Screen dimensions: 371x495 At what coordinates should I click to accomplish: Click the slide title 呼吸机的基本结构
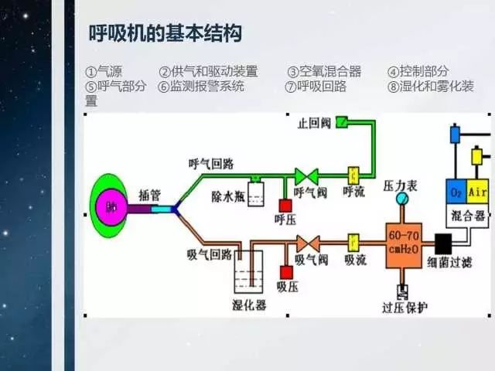click(x=166, y=34)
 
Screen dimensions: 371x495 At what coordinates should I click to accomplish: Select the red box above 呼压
click(x=285, y=206)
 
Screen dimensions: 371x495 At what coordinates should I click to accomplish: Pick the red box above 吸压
click(x=286, y=272)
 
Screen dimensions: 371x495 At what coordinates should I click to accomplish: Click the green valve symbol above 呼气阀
click(x=306, y=175)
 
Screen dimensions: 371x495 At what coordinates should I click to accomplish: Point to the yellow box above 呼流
click(x=354, y=173)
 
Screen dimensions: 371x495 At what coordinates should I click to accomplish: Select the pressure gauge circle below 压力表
click(x=401, y=199)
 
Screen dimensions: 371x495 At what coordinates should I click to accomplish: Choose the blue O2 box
click(x=456, y=189)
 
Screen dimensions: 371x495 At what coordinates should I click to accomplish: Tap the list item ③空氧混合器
click(x=324, y=71)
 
